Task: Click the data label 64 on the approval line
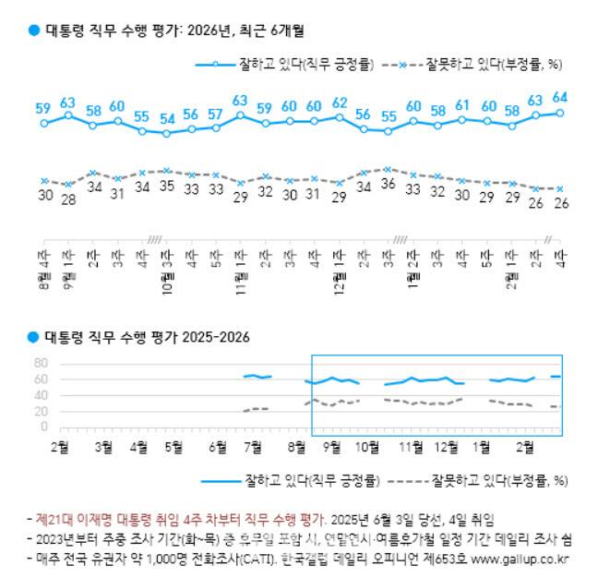559,97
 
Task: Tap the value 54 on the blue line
166,119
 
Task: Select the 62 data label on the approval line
339,102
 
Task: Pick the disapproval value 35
166,185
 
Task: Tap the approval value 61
462,104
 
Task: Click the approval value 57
215,114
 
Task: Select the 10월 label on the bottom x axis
368,448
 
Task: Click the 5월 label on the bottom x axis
173,448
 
